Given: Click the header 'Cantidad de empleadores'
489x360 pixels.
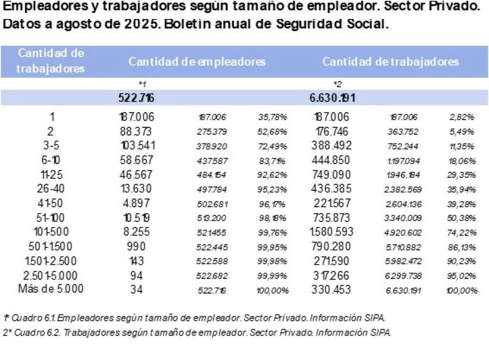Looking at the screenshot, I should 197,61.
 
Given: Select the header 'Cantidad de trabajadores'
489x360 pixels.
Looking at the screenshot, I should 390,61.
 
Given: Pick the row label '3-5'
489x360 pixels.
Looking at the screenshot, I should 51,145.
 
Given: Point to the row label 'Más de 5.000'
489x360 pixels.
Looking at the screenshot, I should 51,289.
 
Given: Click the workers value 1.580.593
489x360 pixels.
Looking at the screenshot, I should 333,232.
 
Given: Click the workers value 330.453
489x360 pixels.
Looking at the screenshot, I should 333,289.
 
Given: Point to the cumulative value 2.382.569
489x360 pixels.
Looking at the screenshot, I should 403,189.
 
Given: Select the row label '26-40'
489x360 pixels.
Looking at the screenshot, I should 51,189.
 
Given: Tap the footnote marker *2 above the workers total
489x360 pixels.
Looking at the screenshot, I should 337,84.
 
